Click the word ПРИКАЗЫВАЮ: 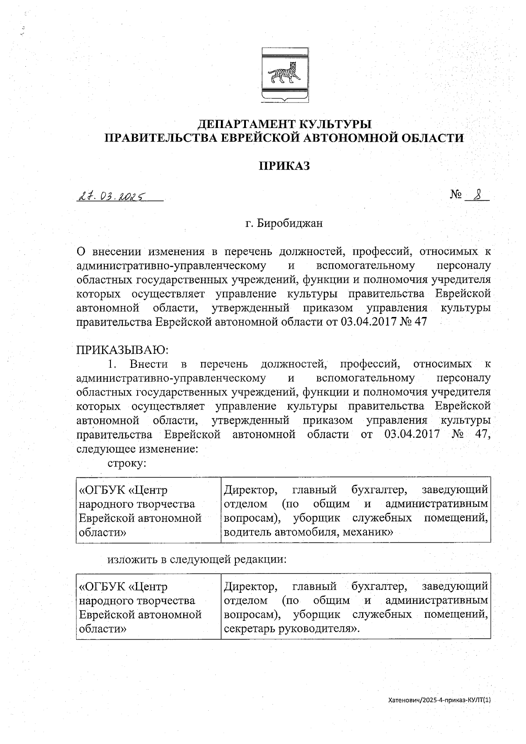point(123,350)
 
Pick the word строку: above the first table point(127,463)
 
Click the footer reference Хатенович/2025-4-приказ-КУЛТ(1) point(440,712)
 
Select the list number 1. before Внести point(112,364)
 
